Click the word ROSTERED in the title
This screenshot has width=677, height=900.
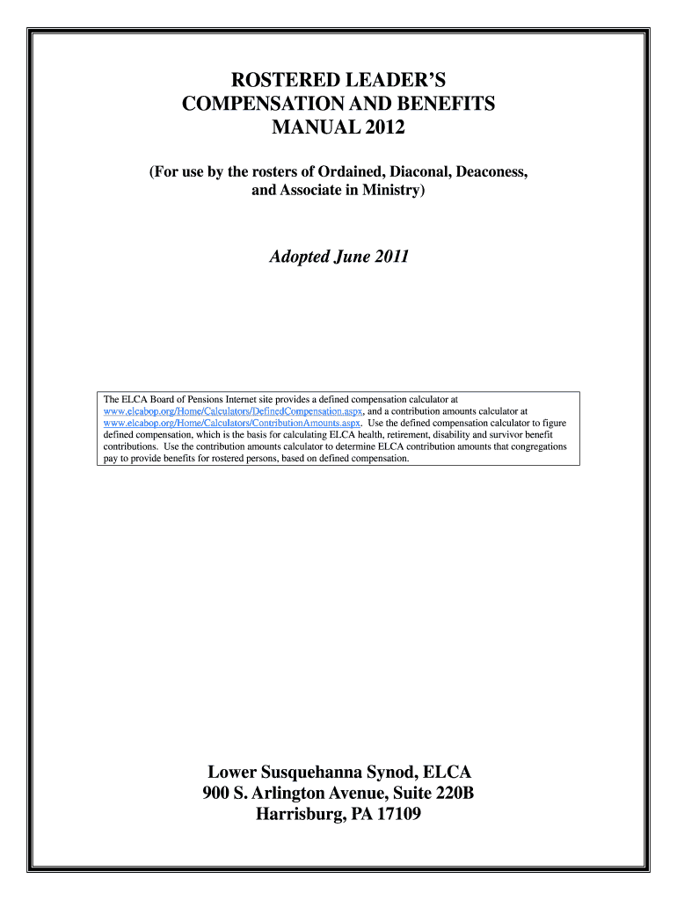pyautogui.click(x=273, y=81)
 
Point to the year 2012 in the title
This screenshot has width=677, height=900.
pyautogui.click(x=386, y=128)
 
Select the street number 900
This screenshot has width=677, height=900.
pyautogui.click(x=217, y=794)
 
